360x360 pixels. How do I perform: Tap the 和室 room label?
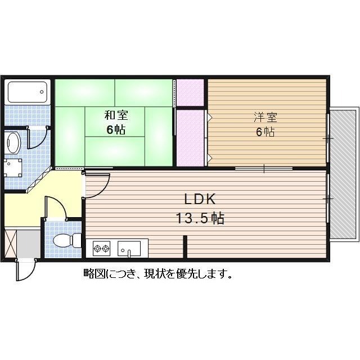[116, 116]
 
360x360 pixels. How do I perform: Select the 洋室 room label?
[265, 118]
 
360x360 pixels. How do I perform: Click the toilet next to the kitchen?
[62, 241]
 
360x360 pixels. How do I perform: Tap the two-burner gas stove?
[101, 247]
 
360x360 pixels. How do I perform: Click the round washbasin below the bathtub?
[12, 142]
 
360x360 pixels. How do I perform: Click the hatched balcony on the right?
[343, 174]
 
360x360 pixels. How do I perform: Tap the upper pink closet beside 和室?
[190, 93]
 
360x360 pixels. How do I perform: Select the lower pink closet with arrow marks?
[191, 137]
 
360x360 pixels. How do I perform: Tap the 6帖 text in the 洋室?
[265, 133]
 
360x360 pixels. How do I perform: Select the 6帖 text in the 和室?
[116, 130]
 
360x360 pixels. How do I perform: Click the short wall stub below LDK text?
[184, 246]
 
